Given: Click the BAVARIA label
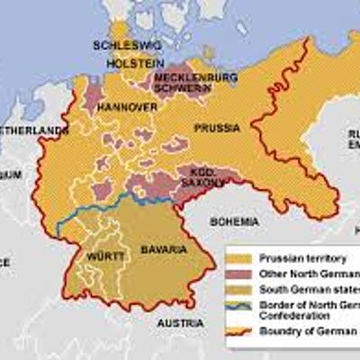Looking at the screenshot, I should pos(164,247).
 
